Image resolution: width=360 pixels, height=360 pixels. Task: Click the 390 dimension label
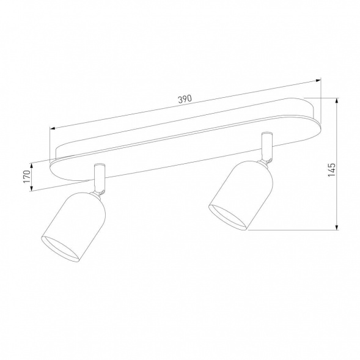(185, 99)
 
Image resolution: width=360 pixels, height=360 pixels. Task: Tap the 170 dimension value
(26, 177)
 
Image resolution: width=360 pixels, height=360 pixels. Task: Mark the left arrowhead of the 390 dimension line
(53, 129)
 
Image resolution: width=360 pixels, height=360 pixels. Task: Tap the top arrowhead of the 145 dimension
(337, 100)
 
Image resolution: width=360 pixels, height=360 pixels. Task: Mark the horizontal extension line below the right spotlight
(293, 230)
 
